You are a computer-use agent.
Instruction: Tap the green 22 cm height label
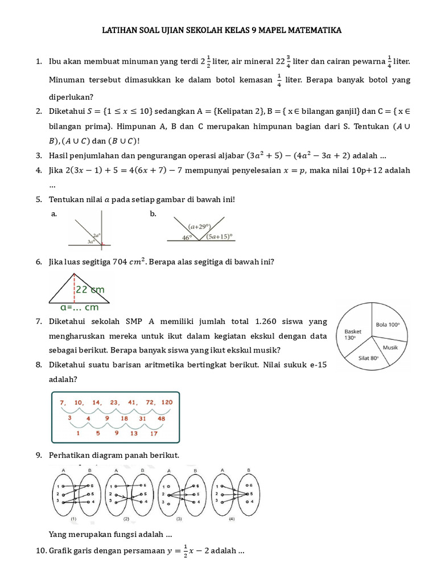(92, 290)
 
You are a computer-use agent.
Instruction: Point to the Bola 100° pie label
(387, 325)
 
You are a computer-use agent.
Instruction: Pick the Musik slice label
(390, 347)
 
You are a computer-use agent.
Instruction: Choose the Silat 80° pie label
(369, 358)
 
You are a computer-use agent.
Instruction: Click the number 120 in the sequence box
(166, 403)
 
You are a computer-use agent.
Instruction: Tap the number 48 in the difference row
(161, 418)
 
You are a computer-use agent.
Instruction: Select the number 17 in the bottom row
(153, 434)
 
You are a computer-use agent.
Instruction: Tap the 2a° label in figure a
(97, 235)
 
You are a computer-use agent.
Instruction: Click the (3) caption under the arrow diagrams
(179, 520)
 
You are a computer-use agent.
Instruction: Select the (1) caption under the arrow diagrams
(74, 520)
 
